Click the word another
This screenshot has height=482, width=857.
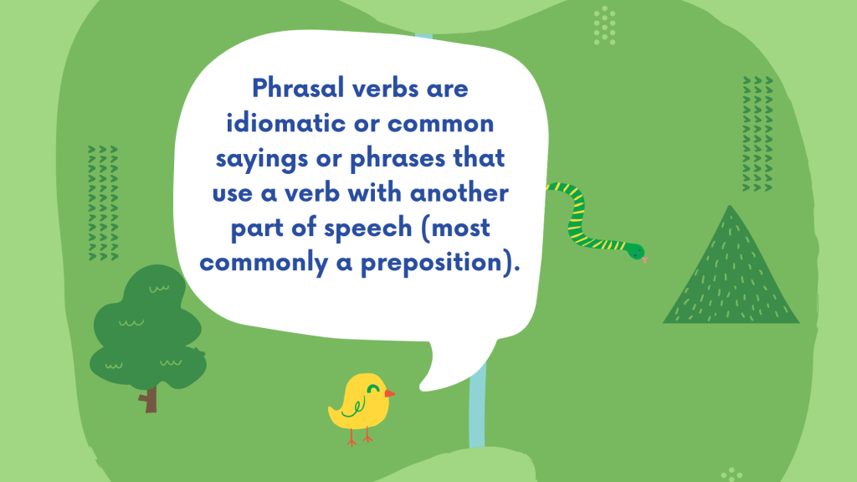(x=459, y=193)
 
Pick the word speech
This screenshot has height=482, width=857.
(x=368, y=228)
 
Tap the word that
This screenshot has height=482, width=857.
(x=479, y=158)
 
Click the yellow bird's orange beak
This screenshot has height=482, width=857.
(x=389, y=393)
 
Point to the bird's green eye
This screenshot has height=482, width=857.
(x=374, y=388)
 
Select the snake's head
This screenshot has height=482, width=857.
(x=635, y=251)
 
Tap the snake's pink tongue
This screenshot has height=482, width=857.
(x=645, y=259)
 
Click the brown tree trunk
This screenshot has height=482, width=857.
(x=149, y=399)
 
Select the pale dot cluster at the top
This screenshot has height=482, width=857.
(x=604, y=26)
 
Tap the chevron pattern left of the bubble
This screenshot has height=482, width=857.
(x=103, y=203)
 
